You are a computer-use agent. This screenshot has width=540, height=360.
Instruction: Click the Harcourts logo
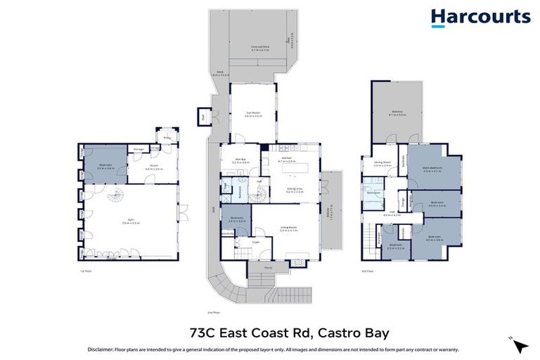(x=480, y=18)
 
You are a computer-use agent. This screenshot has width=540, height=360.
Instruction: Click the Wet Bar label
(x=240, y=161)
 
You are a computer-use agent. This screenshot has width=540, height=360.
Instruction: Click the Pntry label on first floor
(x=168, y=139)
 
